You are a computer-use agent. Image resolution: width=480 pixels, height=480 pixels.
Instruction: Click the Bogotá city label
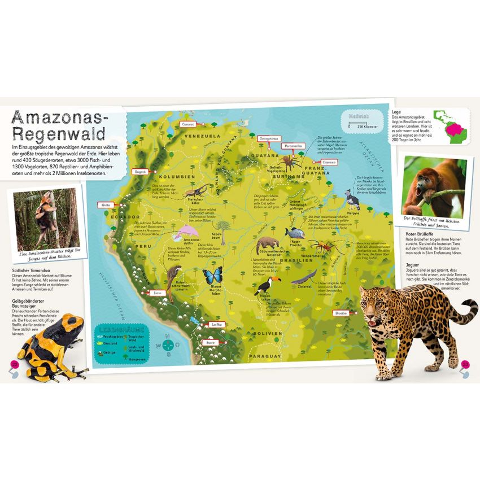pos(139,171)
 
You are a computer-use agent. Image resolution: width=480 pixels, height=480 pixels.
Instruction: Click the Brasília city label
pos(341,312)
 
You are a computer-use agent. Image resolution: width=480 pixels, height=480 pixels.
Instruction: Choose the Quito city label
pos(105,204)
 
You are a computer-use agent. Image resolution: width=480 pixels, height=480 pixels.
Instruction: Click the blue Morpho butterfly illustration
pos(212,277)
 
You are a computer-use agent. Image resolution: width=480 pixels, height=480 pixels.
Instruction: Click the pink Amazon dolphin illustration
pos(187,232)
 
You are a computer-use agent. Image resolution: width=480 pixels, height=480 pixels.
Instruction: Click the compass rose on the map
pos(167,344)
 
